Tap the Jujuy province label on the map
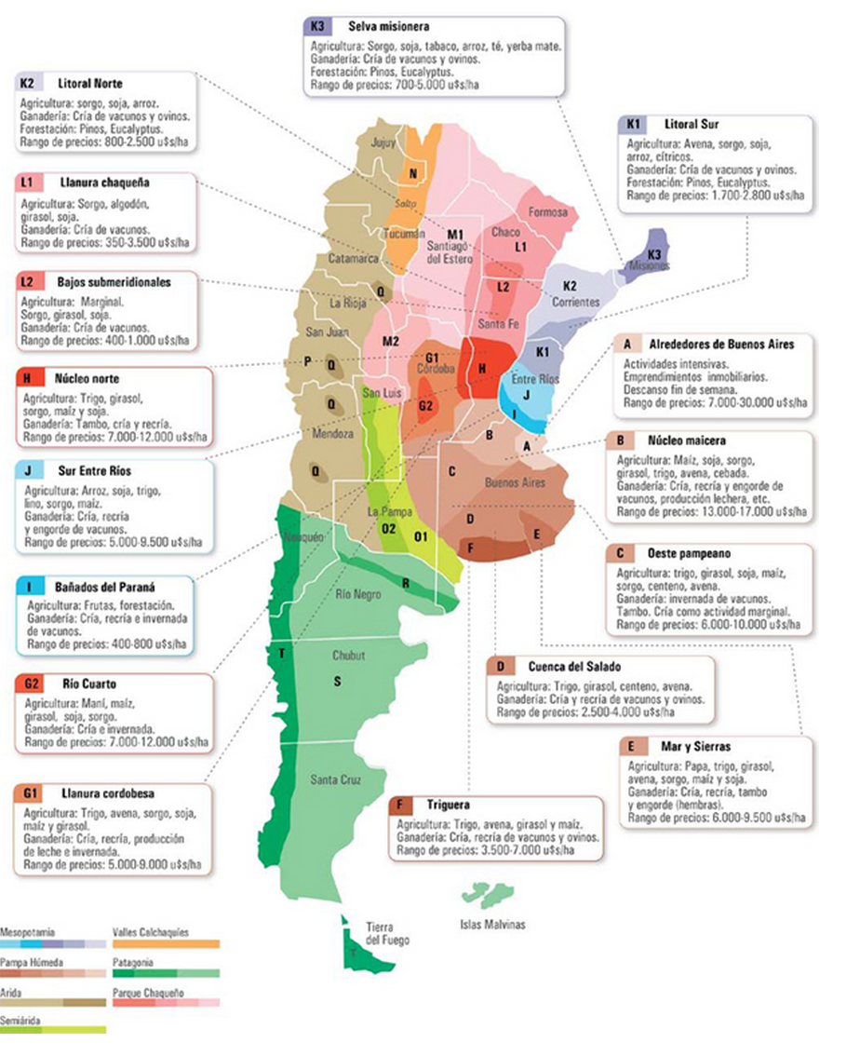pyautogui.click(x=383, y=142)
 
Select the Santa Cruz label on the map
pyautogui.click(x=336, y=779)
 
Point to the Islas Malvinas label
pyautogui.click(x=492, y=924)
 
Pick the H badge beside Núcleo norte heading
pyautogui.click(x=27, y=379)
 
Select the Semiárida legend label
pyautogui.click(x=20, y=1021)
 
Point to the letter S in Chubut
pyautogui.click(x=338, y=682)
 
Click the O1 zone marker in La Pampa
pyautogui.click(x=421, y=535)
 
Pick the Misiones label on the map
pyautogui.click(x=648, y=266)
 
